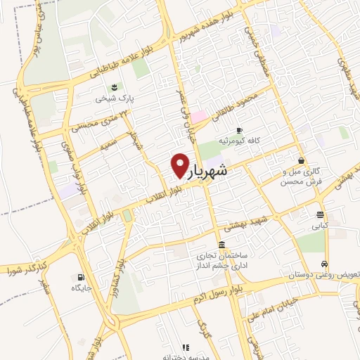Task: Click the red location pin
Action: coord(180,165)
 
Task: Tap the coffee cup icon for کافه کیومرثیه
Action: coord(239,130)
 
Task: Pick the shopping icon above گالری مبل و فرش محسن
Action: coord(301,160)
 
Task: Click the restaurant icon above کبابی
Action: coord(320,215)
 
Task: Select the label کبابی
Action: coord(321,226)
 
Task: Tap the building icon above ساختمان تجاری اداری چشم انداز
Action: coord(222,245)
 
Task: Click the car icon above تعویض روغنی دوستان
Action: coord(323,264)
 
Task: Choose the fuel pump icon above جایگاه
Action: coord(82,277)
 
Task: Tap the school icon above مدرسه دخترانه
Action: coord(186,347)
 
